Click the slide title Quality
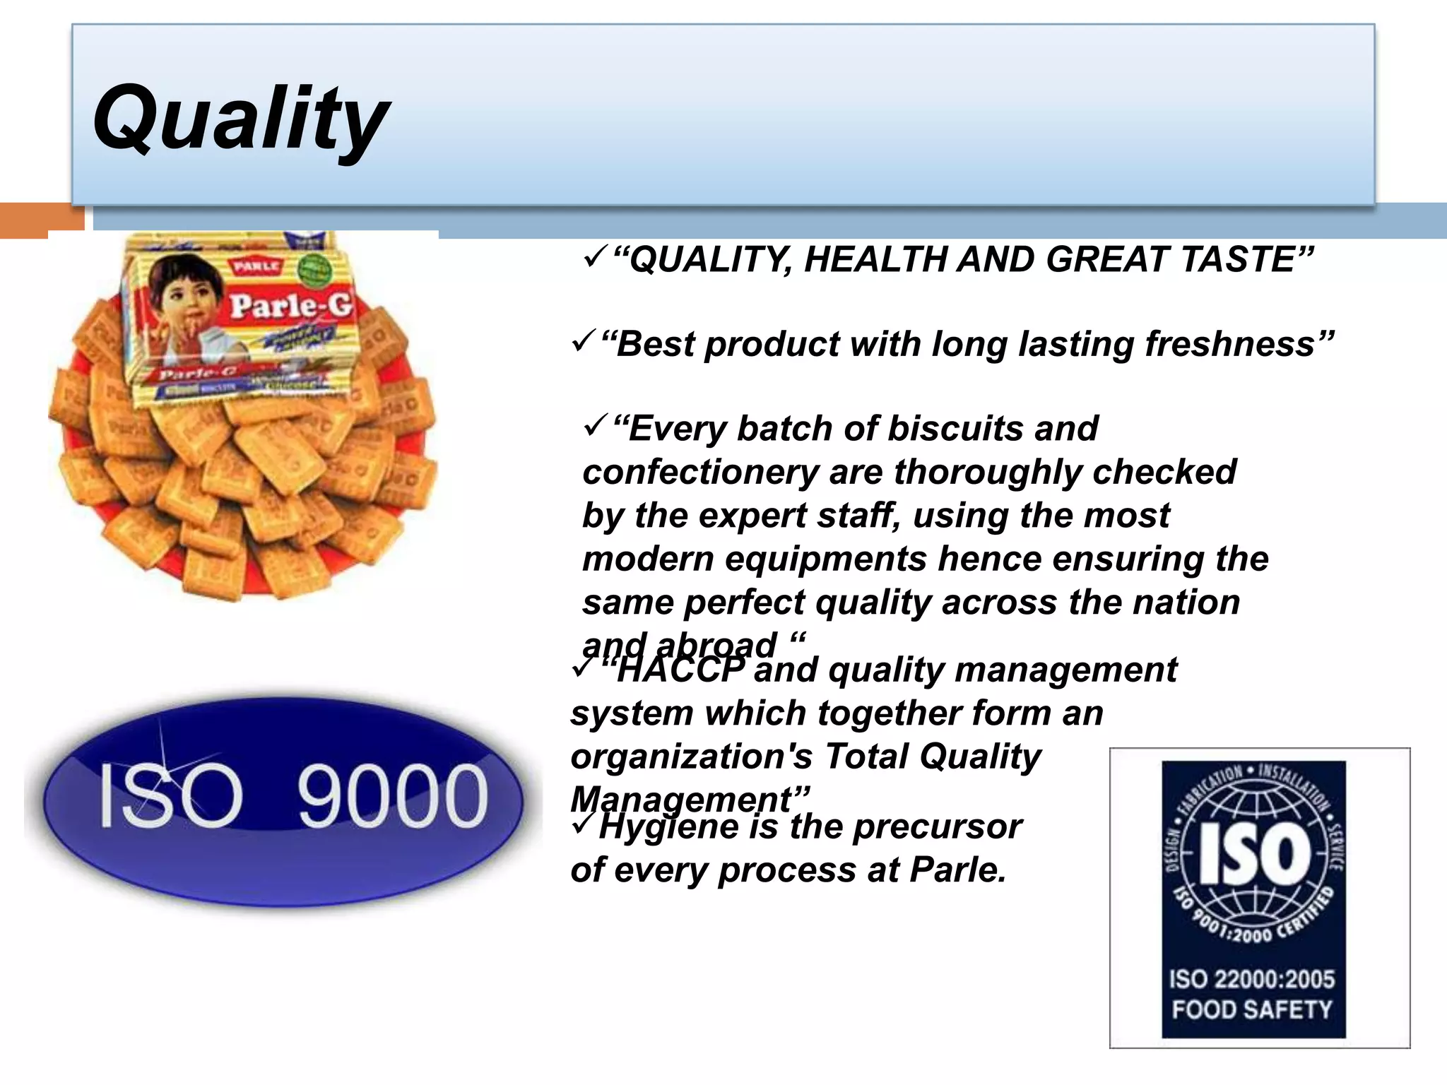tap(240, 118)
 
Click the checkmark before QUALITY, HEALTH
tap(595, 258)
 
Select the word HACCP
tap(680, 670)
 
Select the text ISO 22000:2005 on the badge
tap(1252, 980)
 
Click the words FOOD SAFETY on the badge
tap(1252, 1009)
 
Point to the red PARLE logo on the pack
tap(257, 266)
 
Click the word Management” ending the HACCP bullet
tap(690, 800)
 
